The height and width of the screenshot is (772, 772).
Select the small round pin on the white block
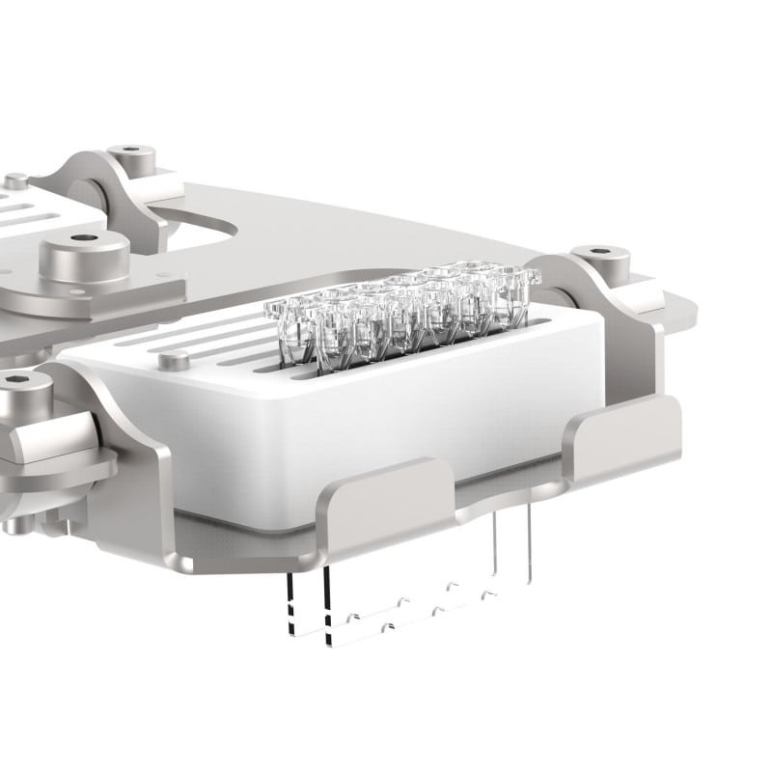[174, 360]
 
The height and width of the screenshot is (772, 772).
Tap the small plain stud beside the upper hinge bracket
[16, 180]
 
